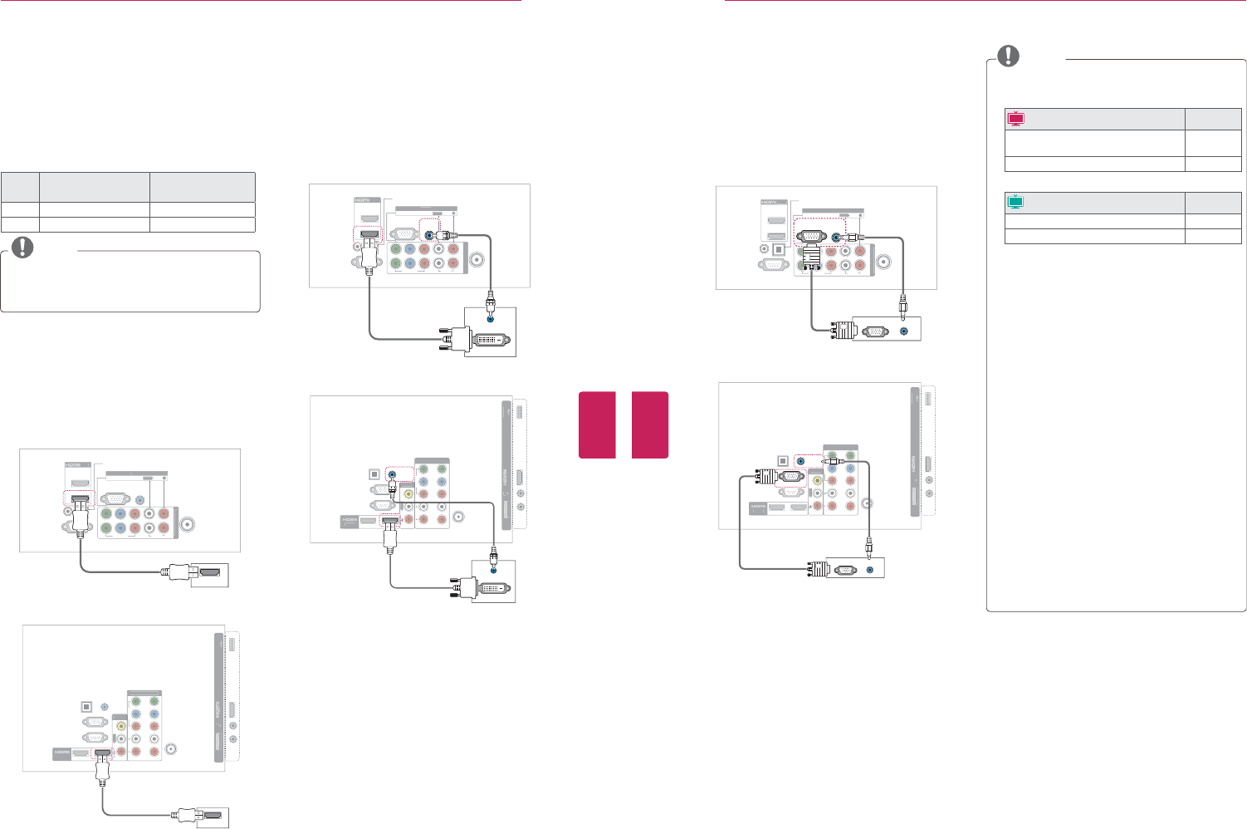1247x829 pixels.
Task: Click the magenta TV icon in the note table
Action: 1015,118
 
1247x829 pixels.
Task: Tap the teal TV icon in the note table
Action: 1015,202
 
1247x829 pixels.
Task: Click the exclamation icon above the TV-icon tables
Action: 1008,55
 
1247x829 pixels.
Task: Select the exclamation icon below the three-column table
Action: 23,248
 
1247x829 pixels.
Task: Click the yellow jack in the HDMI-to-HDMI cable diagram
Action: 122,724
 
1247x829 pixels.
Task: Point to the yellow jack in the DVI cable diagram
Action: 408,492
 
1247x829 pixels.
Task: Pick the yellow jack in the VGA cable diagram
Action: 819,478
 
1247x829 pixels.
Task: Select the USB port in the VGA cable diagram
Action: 929,397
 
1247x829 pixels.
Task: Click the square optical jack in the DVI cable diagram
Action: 373,475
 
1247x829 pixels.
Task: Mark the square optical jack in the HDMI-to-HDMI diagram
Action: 86,707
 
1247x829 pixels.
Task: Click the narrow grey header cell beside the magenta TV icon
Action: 1213,118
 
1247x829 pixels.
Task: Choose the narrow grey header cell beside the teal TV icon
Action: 1213,202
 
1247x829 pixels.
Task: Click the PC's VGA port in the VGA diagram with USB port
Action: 844,571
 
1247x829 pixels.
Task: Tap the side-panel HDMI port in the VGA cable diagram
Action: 929,466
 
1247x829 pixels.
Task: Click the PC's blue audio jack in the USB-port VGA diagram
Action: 869,571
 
